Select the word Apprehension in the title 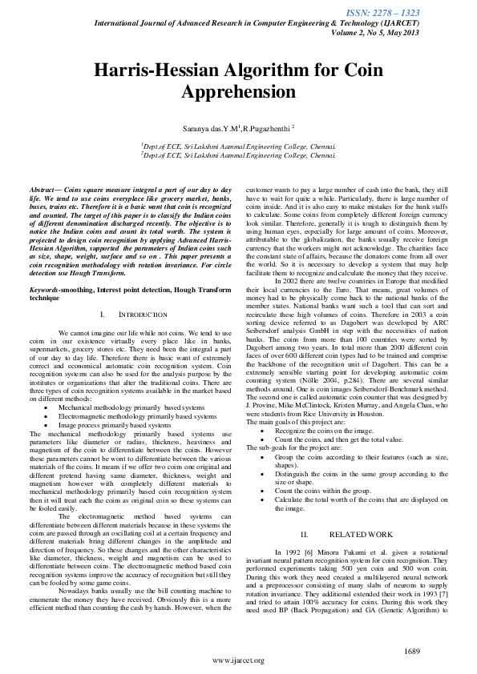pyautogui.click(x=239, y=92)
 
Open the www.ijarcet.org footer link pyautogui.click(x=238, y=660)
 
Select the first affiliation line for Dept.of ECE pyautogui.click(x=238, y=147)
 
